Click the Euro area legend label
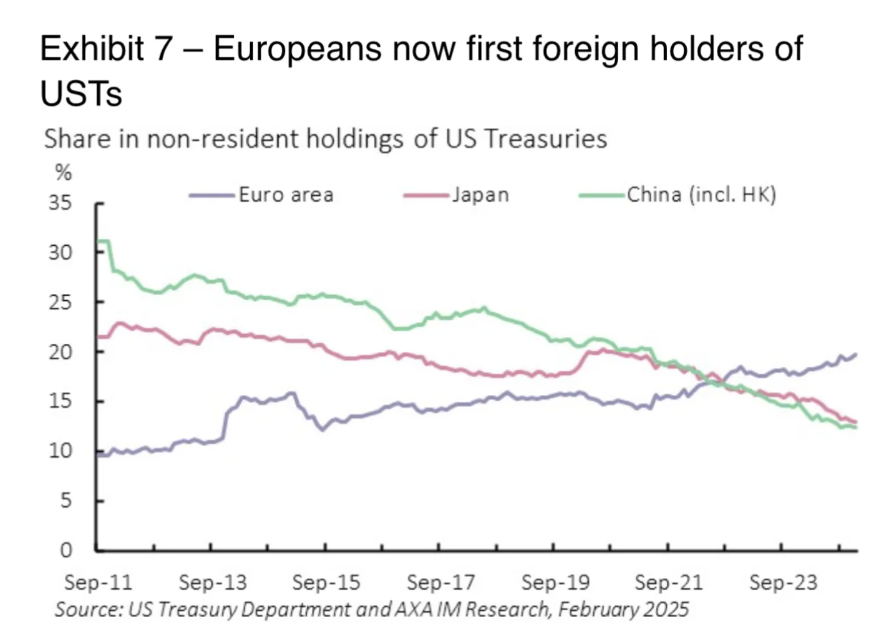point(286,195)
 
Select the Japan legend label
point(480,195)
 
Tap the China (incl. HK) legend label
point(701,195)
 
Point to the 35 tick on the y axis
point(60,202)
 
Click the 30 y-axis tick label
point(60,253)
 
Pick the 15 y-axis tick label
point(60,401)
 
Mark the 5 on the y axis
point(65,501)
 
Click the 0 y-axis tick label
point(65,550)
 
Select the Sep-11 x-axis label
point(98,582)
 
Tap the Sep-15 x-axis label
point(326,582)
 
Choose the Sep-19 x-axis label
point(555,582)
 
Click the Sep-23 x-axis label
point(783,582)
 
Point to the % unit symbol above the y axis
point(63,172)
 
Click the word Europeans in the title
point(297,49)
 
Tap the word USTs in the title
point(81,94)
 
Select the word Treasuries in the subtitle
point(545,139)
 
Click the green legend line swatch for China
point(601,195)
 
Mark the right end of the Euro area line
point(856,355)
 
